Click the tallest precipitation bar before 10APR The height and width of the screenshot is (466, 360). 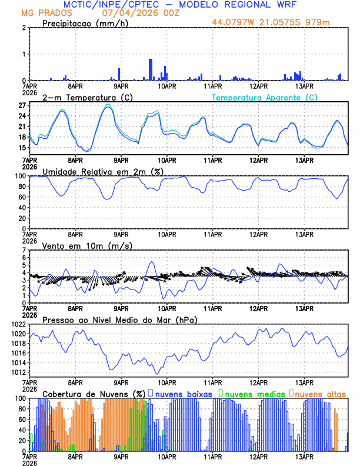click(x=151, y=69)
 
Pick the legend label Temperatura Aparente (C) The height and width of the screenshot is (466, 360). click(x=265, y=97)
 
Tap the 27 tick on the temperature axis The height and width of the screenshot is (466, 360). click(x=23, y=105)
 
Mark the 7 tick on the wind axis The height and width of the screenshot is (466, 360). click(x=24, y=251)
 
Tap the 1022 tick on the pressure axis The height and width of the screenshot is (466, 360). click(x=18, y=325)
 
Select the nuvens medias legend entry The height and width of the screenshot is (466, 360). click(x=251, y=393)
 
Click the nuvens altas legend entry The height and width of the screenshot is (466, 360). click(x=319, y=393)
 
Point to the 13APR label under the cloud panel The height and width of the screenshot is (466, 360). click(x=304, y=456)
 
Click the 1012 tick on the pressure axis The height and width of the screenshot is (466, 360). click(x=18, y=372)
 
